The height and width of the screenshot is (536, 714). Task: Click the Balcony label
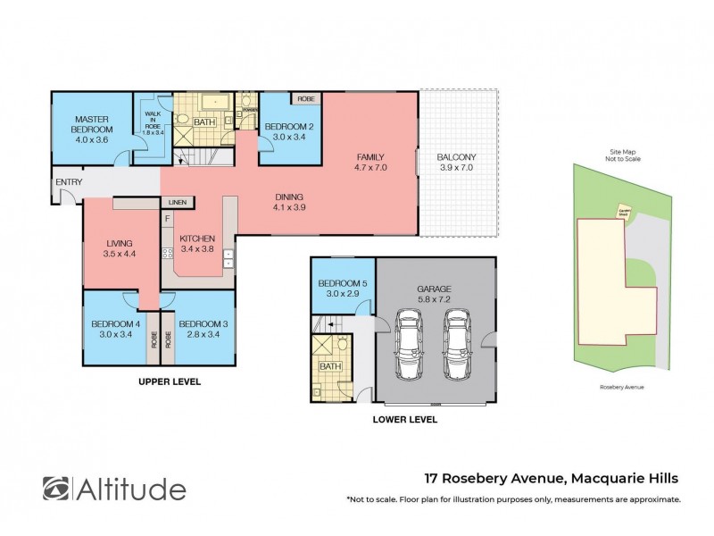click(x=455, y=163)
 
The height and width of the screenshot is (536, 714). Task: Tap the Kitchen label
click(x=197, y=244)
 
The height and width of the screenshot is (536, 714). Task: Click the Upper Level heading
click(x=170, y=381)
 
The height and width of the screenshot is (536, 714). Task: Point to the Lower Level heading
click(x=406, y=417)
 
